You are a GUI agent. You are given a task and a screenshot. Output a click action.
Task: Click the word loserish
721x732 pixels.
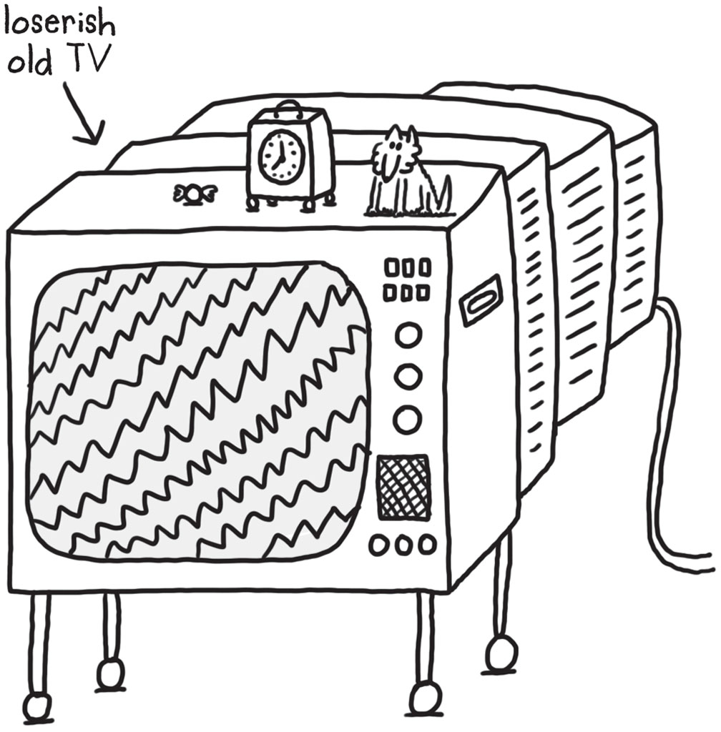(x=59, y=24)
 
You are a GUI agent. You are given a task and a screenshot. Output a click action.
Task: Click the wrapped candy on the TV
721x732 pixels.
(x=191, y=193)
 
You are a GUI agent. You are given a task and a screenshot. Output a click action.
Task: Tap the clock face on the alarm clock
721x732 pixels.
(x=281, y=157)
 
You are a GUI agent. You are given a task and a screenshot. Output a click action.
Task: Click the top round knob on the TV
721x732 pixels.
(x=408, y=335)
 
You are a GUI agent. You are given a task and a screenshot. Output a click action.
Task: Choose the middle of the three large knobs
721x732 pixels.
(x=408, y=376)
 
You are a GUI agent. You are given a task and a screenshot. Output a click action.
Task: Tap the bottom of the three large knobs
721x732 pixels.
(x=408, y=419)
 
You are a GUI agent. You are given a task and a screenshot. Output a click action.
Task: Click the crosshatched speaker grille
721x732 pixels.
(x=403, y=487)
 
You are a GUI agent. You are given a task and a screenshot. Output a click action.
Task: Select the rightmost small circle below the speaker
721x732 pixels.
(x=427, y=544)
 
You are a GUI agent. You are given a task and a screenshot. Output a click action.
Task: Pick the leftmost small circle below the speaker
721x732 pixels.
(x=379, y=545)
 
